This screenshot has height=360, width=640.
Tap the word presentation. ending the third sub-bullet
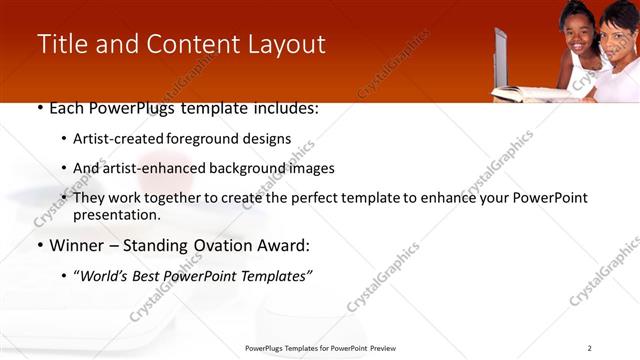click(x=116, y=215)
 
